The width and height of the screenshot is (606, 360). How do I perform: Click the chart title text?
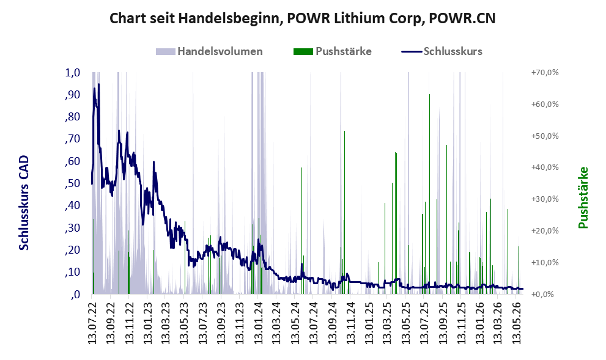tap(303, 18)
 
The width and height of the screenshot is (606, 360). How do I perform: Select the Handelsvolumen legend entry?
tap(209, 51)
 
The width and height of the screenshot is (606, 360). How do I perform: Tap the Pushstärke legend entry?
tap(333, 51)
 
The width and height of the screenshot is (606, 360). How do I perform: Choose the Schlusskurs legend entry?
tap(442, 51)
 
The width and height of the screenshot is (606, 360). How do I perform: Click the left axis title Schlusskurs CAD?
tap(24, 203)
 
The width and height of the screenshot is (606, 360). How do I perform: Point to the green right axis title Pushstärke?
tap(583, 197)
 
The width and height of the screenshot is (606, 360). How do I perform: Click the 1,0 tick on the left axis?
tap(72, 73)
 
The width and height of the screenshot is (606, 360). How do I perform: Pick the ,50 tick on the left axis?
tap(72, 183)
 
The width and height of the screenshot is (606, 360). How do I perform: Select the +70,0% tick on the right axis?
tap(545, 72)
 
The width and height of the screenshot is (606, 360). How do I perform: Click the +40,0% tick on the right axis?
tap(545, 167)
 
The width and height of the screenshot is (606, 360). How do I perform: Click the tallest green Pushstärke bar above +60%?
tap(429, 194)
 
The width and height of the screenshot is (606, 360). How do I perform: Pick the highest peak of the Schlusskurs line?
tap(98, 84)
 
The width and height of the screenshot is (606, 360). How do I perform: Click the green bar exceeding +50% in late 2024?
tap(344, 213)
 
